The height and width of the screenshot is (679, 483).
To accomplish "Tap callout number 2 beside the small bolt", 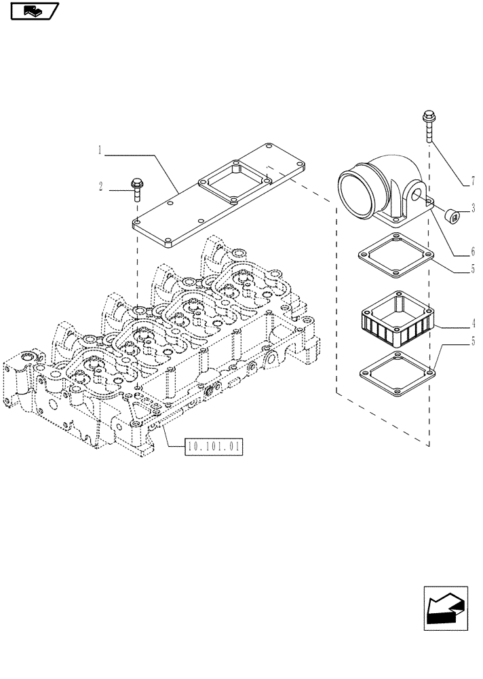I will point(100,186).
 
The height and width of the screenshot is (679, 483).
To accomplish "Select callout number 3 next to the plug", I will point(473,209).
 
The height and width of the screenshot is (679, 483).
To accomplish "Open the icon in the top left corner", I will point(35,11).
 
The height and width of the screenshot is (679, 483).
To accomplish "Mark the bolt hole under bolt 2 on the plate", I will point(137,221).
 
